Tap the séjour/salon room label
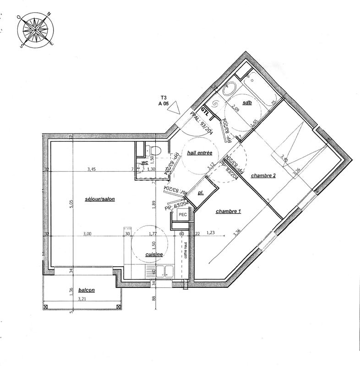(99, 199)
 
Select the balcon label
(87, 290)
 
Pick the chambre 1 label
(228, 211)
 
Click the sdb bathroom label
(247, 102)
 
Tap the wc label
(144, 162)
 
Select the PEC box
(182, 214)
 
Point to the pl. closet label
(201, 194)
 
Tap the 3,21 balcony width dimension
(82, 300)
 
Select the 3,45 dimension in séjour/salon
(92, 169)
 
